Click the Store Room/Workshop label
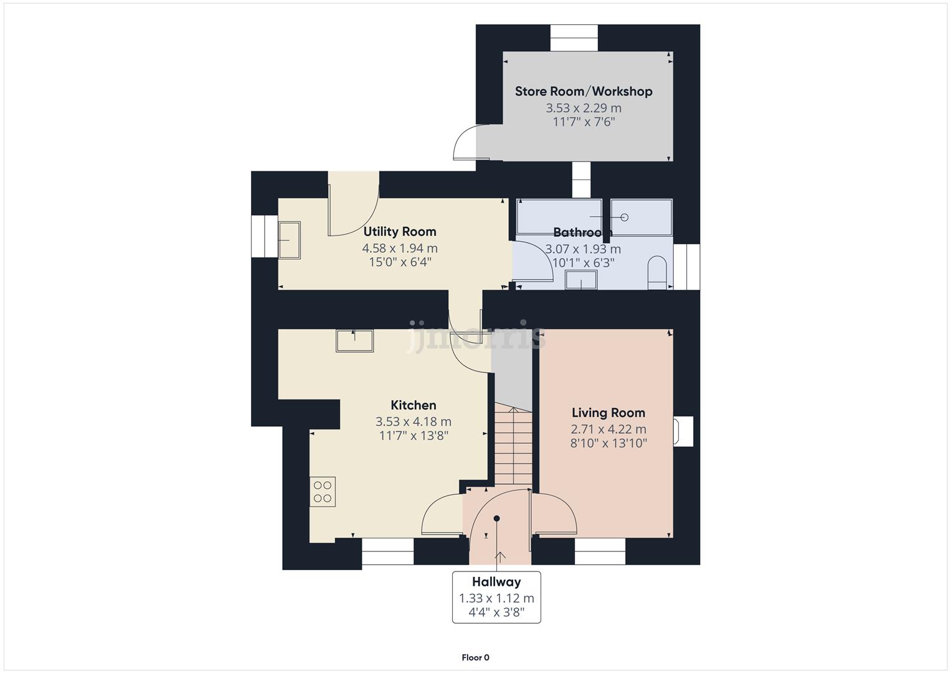coord(584,91)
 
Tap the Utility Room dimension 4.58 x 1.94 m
coord(400,248)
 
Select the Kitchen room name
coord(414,405)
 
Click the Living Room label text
coord(608,413)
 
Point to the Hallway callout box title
coord(496,582)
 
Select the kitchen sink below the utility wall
coord(355,341)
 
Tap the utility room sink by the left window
coord(289,240)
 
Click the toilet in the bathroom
coord(657,273)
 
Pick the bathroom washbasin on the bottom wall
coord(581,281)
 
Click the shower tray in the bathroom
coord(641,217)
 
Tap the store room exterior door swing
coord(465,143)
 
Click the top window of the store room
coord(574,37)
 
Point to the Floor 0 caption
coord(475,657)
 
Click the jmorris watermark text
coord(476,336)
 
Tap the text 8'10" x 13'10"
coord(608,444)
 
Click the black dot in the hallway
coord(497,518)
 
